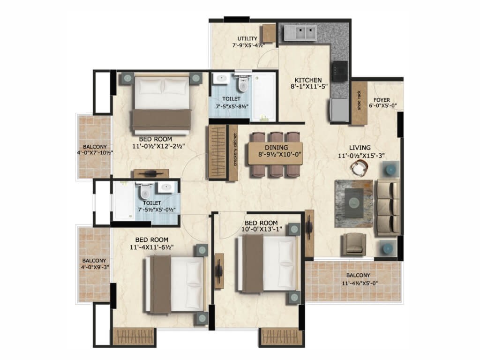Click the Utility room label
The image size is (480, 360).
tap(247, 38)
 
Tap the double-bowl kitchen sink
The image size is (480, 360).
tap(300, 33)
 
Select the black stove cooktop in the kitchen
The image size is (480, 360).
tap(340, 71)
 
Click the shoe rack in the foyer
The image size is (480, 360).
tap(359, 103)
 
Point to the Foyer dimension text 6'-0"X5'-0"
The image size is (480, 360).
tap(382, 106)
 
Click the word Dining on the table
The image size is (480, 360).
tap(277, 148)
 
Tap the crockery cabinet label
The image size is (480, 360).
tap(235, 150)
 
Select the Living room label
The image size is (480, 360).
tap(360, 148)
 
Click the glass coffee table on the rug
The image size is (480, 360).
tap(354, 202)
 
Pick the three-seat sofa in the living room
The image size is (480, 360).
tap(388, 207)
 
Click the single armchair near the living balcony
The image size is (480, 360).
tap(354, 244)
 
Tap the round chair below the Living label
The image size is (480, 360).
tap(359, 168)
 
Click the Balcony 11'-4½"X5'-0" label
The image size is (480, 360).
tap(360, 279)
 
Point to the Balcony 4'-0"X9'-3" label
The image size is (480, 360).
tap(95, 264)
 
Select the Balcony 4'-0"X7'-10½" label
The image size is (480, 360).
tap(95, 150)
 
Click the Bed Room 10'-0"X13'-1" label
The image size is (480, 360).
tap(262, 226)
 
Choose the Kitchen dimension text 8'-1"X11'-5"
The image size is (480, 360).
tap(309, 87)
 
